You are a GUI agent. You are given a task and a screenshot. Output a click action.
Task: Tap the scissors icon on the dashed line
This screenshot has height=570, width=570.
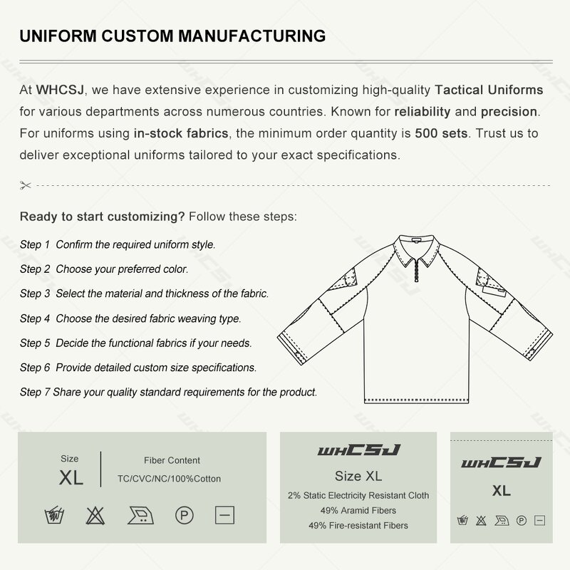(x=26, y=185)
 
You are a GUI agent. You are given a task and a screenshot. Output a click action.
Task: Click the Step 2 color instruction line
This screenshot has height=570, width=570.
(x=104, y=269)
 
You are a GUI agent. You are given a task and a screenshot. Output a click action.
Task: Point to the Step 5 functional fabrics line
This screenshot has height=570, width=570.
(x=136, y=343)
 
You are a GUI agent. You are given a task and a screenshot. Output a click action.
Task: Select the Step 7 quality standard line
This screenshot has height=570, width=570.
(x=168, y=392)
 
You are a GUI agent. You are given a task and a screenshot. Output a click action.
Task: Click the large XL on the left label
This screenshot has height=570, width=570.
(x=71, y=478)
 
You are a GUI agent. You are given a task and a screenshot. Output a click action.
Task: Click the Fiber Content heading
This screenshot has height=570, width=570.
(x=172, y=460)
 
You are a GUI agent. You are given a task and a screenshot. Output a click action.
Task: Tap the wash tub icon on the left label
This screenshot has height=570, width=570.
(x=53, y=515)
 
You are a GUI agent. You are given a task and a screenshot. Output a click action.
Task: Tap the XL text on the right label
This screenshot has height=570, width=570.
(x=501, y=491)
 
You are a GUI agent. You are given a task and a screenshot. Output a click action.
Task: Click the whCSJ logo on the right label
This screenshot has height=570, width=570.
(x=501, y=464)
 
